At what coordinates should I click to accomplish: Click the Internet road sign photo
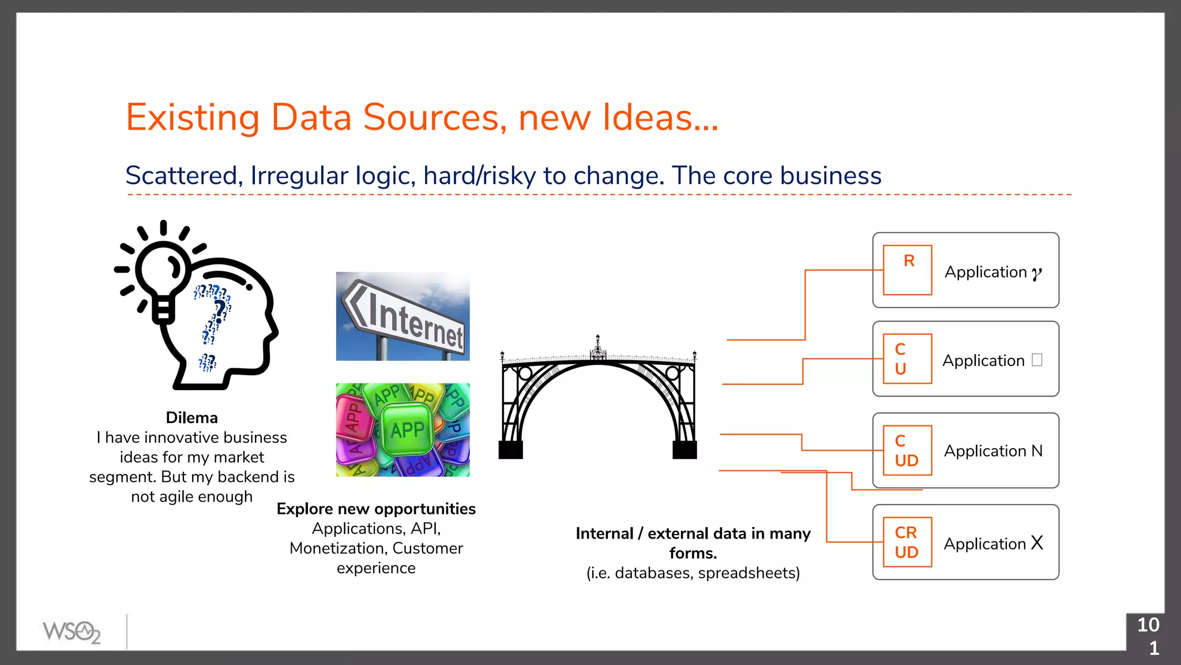403,316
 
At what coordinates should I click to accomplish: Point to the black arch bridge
598,398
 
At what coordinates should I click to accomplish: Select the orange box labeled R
907,270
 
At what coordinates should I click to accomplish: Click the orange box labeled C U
907,358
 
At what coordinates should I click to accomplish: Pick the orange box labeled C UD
907,450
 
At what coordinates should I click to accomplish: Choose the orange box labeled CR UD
907,542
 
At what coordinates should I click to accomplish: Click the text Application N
993,451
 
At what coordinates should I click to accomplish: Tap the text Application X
993,543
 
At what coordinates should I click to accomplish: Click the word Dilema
191,417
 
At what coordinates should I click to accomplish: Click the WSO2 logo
72,632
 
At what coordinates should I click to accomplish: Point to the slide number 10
1148,625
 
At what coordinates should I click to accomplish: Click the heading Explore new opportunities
376,509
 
